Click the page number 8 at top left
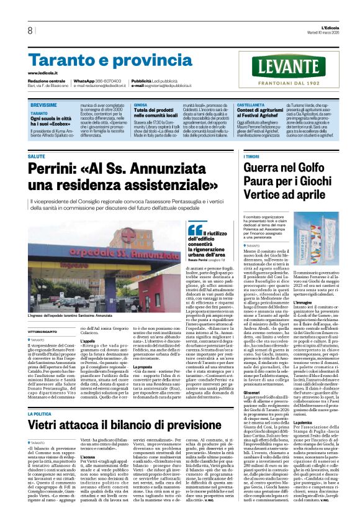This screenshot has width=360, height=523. coord(30,30)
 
